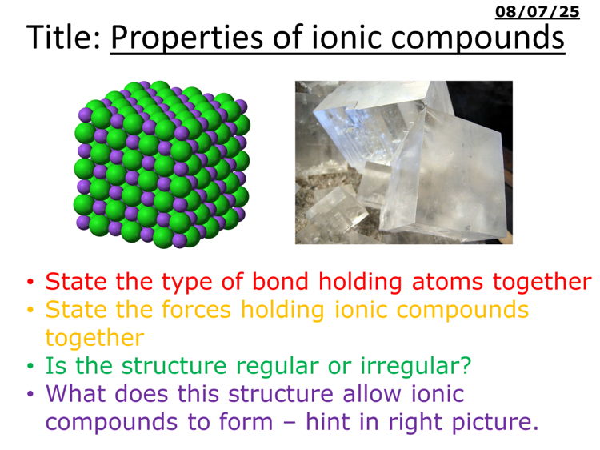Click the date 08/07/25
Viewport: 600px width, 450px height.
537,11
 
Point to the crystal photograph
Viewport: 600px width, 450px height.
403,163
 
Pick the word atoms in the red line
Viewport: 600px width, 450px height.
425,282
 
